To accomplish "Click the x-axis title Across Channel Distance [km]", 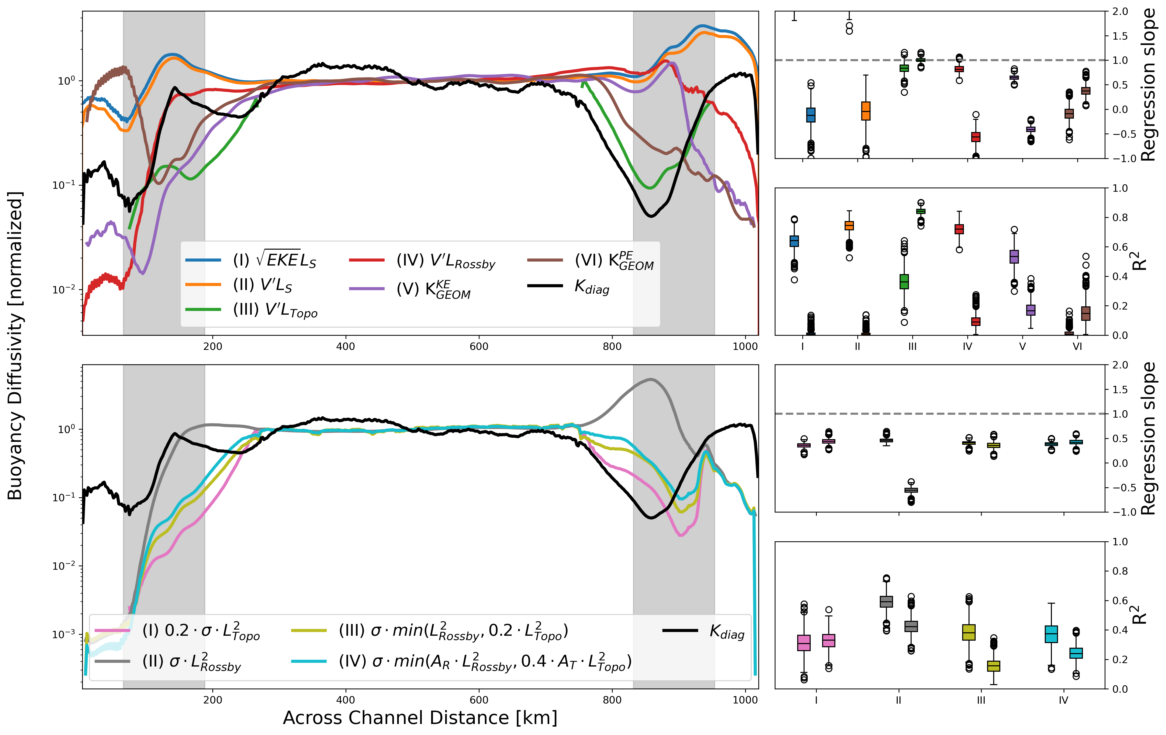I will point(420,718).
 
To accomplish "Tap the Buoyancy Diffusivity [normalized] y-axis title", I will point(15,345).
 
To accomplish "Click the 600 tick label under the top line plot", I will point(479,346).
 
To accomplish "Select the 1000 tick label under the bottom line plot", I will point(745,700).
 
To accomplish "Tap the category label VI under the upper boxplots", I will point(1077,346).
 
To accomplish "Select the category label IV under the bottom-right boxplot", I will point(1063,700).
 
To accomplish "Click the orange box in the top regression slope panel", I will point(866,111).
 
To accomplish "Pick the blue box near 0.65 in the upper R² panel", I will point(794,241).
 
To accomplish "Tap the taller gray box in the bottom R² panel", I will point(886,601).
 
